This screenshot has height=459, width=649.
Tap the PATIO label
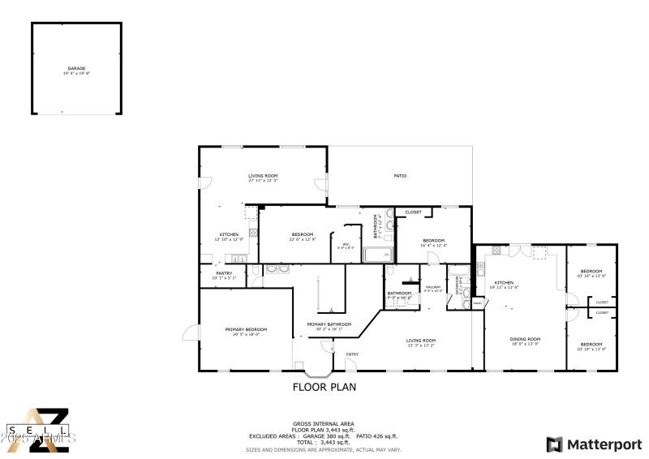coord(400,176)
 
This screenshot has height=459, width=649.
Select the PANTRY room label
coord(224,273)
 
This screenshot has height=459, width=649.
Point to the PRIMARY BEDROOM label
coord(246,329)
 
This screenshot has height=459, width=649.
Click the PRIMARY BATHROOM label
coord(329,324)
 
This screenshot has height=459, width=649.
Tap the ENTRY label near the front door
coord(352,354)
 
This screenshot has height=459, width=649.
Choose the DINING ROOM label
coord(525,339)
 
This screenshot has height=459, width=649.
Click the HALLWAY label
coord(433,285)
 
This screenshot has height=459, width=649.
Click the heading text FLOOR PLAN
coord(324,387)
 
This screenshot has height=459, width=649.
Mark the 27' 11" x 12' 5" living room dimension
coord(263,181)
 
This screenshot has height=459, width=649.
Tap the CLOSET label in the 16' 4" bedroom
coord(413,212)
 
